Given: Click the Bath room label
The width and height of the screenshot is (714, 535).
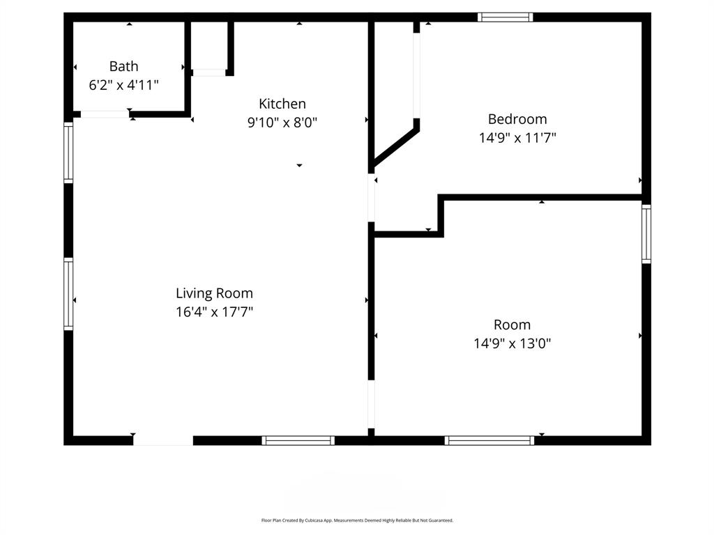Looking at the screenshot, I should (x=123, y=66).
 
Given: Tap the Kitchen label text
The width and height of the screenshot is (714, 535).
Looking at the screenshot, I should (x=282, y=104).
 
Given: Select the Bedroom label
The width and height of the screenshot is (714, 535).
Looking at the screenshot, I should (x=517, y=119).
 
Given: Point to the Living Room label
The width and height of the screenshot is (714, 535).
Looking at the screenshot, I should (x=214, y=293).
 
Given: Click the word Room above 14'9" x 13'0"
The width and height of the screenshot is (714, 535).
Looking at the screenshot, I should (x=512, y=325).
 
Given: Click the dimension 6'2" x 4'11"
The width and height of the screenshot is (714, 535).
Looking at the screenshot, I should (x=123, y=85).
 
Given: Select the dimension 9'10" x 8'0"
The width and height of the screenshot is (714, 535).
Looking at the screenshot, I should (x=282, y=123).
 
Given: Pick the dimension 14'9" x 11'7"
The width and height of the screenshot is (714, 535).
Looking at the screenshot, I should (x=517, y=138).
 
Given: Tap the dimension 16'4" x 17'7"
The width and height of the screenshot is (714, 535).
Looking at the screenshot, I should (x=214, y=312).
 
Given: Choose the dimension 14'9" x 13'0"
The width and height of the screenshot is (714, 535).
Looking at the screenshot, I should (x=512, y=343).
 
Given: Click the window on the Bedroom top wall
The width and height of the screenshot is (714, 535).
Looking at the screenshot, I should (x=506, y=17).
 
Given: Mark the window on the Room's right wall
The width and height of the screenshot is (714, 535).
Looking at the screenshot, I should (x=646, y=234).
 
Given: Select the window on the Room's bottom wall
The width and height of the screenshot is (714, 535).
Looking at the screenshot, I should (x=489, y=440).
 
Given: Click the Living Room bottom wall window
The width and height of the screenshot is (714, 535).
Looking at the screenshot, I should (x=298, y=440).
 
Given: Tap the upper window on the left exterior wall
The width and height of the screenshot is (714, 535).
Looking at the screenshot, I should (x=68, y=153).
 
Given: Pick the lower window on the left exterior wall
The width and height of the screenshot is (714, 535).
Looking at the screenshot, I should (x=68, y=293).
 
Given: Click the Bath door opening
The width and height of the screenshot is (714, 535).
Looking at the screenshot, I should (x=105, y=114).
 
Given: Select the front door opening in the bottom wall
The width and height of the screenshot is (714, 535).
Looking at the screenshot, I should (x=163, y=440).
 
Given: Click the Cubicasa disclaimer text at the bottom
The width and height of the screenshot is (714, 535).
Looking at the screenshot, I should (x=357, y=520).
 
